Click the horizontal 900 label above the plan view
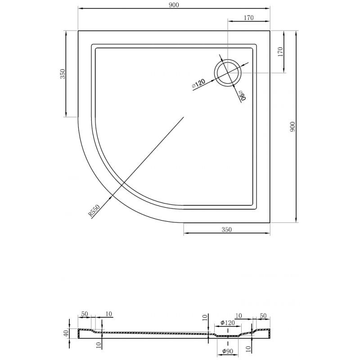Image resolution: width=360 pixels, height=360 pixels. [x=174, y=5]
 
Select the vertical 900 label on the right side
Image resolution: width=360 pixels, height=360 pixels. [x=292, y=126]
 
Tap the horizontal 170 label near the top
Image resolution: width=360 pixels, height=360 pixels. [x=249, y=18]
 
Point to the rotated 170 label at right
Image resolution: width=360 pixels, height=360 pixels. [x=280, y=52]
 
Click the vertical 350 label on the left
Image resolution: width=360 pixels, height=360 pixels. [x=63, y=74]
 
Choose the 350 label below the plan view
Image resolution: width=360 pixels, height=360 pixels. [x=227, y=229]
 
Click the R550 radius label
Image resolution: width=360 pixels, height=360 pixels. [x=94, y=211]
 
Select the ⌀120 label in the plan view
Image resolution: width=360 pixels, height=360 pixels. [x=198, y=83]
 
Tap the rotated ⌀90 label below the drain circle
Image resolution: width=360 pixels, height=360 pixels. [x=242, y=95]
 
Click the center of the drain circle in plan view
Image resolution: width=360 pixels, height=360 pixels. [x=228, y=73]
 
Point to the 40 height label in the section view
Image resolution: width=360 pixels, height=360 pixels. [x=66, y=333]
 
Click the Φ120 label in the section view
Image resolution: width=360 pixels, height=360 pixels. [x=228, y=323]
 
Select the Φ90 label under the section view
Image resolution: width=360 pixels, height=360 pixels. [x=228, y=351]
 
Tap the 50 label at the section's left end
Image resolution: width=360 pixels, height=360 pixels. [x=85, y=314]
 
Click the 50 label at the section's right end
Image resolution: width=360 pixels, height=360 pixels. [x=263, y=316]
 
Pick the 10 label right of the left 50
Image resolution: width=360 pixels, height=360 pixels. [x=108, y=314]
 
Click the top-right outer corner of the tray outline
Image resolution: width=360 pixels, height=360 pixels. [x=270, y=31]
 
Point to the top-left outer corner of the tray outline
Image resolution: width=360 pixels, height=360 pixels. [x=78, y=31]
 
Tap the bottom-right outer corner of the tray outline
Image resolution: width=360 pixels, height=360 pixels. [x=270, y=222]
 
